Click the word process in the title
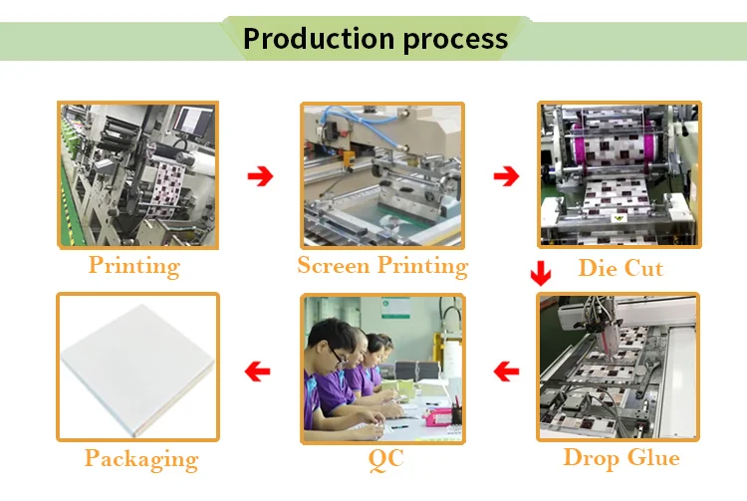[455, 41]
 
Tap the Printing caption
[133, 266]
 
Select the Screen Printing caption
[382, 266]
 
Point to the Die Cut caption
[620, 268]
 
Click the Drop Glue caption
[621, 458]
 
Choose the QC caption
[384, 459]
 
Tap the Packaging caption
[140, 459]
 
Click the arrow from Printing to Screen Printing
[260, 177]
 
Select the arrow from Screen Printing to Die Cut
[507, 177]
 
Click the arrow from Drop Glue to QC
[507, 373]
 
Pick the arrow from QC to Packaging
[259, 373]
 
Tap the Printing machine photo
[137, 174]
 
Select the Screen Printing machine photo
[383, 174]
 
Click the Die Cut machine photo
[619, 175]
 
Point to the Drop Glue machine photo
[619, 368]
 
